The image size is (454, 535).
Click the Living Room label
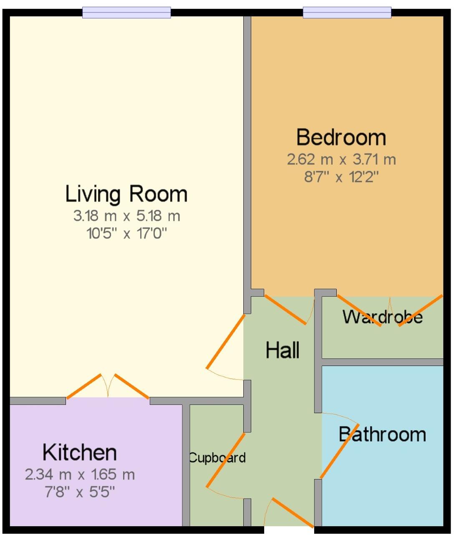(126, 194)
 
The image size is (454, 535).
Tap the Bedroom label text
(341, 137)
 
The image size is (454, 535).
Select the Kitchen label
(80, 452)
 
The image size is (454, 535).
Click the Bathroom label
(382, 434)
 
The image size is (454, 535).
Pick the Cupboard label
(217, 458)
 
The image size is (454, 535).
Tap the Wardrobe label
(382, 317)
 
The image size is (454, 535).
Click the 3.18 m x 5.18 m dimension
(126, 216)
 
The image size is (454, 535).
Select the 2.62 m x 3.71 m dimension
(341, 159)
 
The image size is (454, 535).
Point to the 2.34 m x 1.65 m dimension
(80, 474)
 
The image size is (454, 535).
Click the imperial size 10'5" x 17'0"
(126, 233)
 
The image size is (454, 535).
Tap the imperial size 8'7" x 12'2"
(341, 177)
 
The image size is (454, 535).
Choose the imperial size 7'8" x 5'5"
(80, 492)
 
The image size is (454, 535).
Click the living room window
(126, 13)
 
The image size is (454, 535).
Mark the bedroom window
(347, 13)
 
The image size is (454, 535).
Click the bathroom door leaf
(339, 451)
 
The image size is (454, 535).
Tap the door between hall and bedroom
(286, 310)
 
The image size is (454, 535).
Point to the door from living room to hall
(225, 342)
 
